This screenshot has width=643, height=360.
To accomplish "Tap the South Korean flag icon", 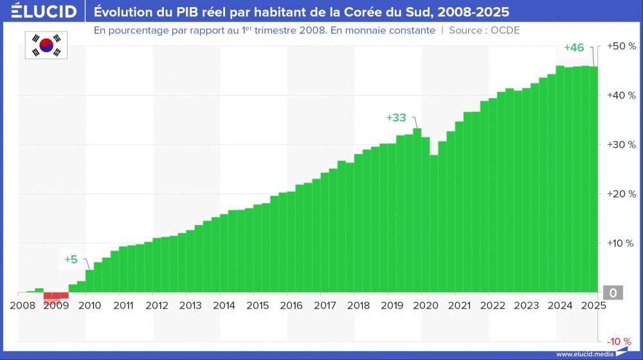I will point(46,44).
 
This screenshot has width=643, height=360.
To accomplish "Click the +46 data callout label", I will point(574,48).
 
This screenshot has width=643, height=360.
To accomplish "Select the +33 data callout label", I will point(396,118).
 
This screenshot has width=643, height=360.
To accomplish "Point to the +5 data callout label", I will point(71,260).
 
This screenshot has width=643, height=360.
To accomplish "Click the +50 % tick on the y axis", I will point(622,46).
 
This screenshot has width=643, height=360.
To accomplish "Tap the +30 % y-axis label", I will point(622,145).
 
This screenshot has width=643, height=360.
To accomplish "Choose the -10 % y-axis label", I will point(622,341).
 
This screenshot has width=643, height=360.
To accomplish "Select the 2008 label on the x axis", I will point(23,306).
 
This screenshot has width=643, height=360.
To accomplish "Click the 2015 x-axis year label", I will point(257,306).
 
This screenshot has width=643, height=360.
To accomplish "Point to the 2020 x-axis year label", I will point(425,306).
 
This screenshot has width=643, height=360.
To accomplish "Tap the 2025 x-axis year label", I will point(593,306).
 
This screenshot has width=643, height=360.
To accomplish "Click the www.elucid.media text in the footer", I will point(584,354).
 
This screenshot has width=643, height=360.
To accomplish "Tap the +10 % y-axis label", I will point(622,243).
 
